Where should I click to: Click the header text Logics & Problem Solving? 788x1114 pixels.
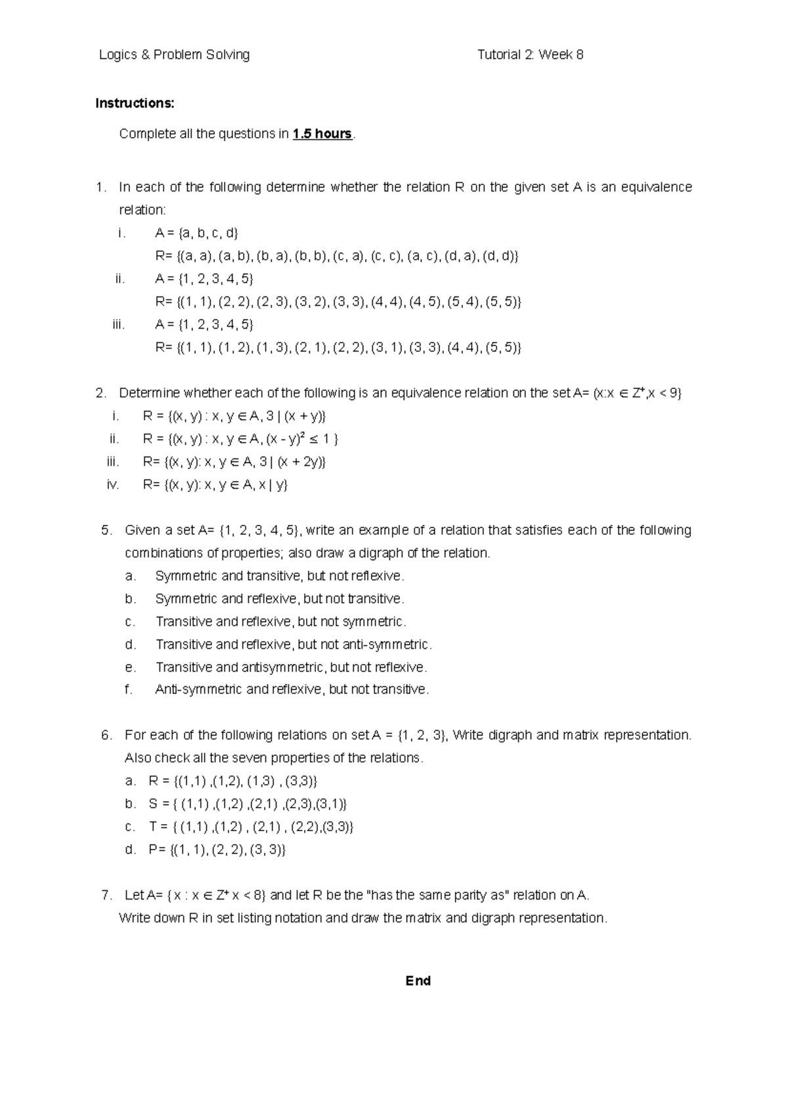click(x=174, y=55)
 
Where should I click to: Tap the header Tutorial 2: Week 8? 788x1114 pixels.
click(x=530, y=55)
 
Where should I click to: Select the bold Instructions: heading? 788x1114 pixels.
click(x=135, y=103)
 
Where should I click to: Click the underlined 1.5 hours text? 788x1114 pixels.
click(x=322, y=134)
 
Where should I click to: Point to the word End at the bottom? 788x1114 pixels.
click(x=418, y=981)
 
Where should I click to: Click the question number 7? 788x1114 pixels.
click(x=107, y=896)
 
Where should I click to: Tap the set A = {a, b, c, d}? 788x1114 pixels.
click(x=197, y=233)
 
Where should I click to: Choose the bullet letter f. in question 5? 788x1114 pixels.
click(x=129, y=690)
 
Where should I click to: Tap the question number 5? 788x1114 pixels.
click(x=107, y=530)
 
